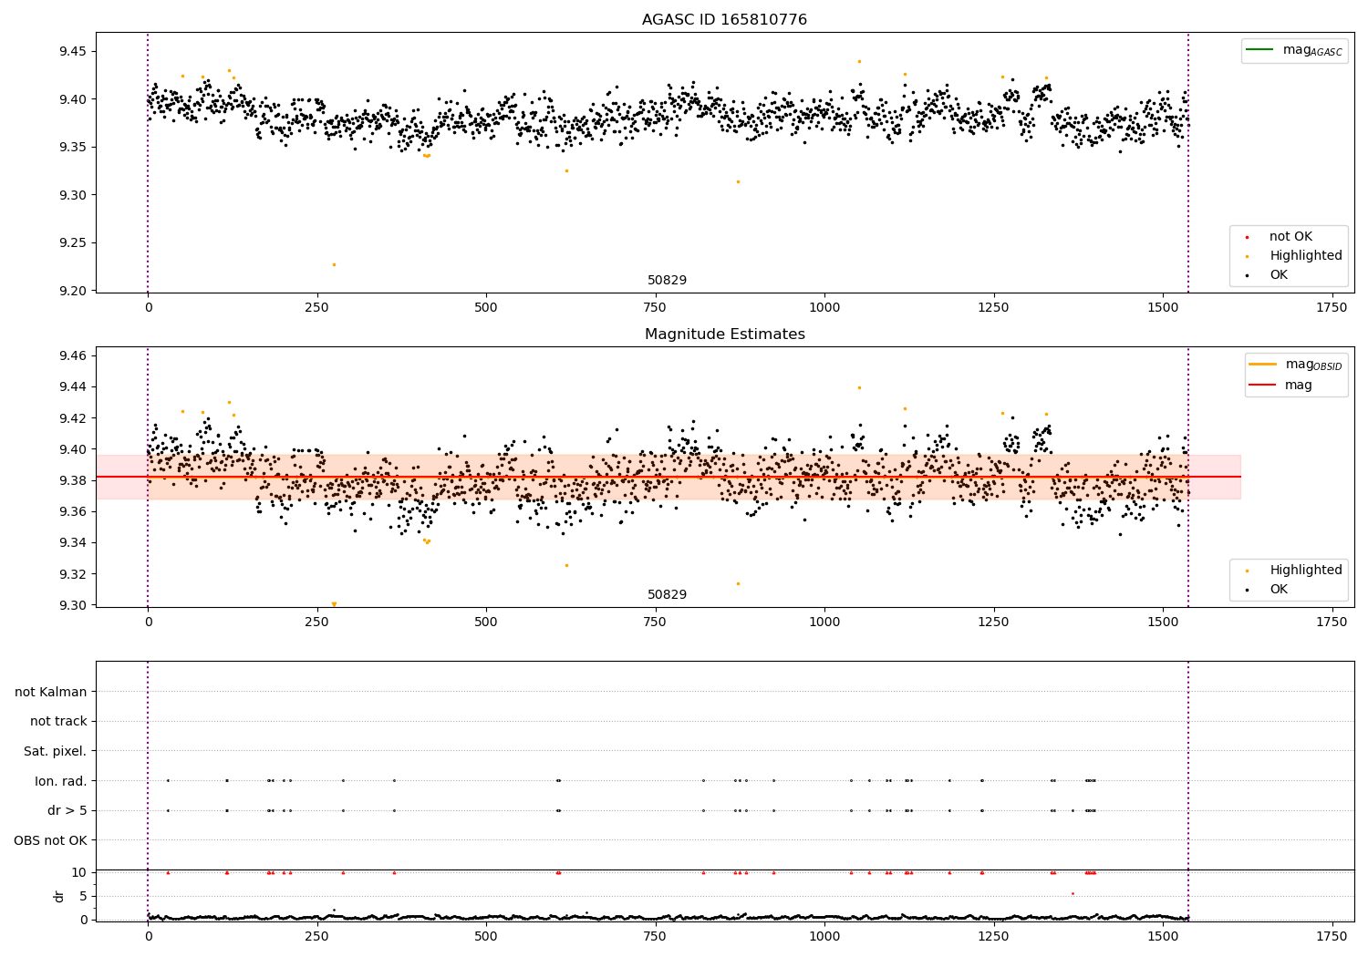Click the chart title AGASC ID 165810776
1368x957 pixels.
724,20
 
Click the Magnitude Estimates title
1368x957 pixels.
724,334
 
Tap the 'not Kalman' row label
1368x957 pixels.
51,692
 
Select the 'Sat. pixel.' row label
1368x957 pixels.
55,751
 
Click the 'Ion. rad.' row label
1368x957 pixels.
61,781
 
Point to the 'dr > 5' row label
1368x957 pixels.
67,810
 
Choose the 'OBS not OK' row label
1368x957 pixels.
50,840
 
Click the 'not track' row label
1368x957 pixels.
58,721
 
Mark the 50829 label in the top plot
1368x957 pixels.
667,281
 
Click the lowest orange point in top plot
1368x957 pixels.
334,264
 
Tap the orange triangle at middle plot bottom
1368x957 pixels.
334,604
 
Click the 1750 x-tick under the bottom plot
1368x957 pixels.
1332,936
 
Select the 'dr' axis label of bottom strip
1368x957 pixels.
59,896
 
